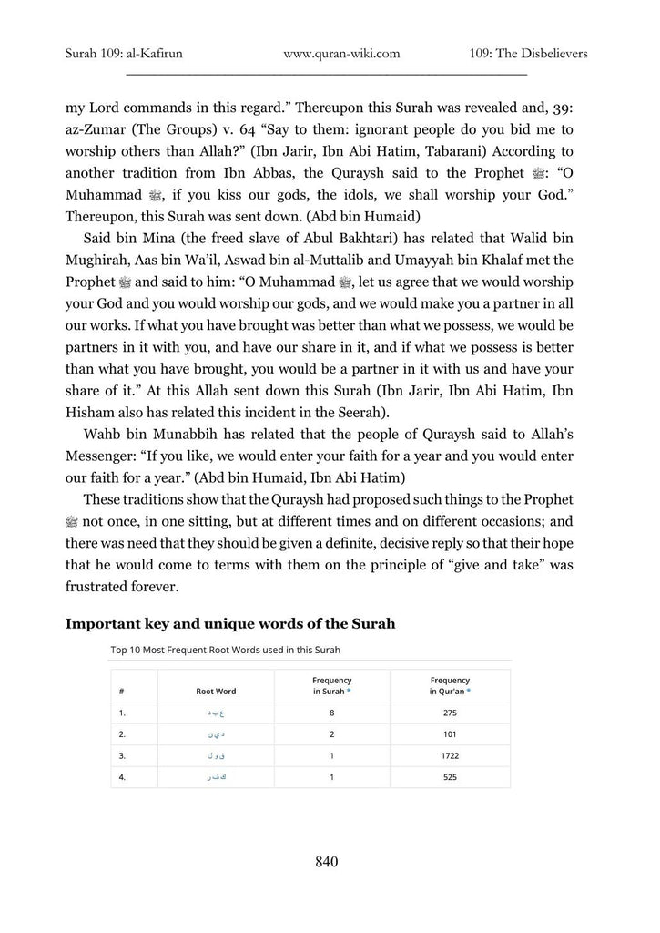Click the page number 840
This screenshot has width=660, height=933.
pos(326,861)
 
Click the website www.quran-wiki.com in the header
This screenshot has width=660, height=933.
pos(341,54)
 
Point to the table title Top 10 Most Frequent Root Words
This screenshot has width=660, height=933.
pos(231,651)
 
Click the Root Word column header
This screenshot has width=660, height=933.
pos(216,692)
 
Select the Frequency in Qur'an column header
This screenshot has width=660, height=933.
pos(450,686)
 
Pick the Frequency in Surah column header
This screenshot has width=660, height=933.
pos(331,686)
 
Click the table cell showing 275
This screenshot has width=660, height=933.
pos(450,713)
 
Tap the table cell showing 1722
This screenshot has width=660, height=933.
pos(450,756)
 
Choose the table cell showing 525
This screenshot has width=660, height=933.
pos(450,778)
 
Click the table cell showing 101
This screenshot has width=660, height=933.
pos(450,734)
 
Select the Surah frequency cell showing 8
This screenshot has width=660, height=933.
pos(331,713)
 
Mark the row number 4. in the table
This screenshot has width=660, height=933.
pos(122,778)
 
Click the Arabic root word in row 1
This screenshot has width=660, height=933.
pos(216,713)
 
